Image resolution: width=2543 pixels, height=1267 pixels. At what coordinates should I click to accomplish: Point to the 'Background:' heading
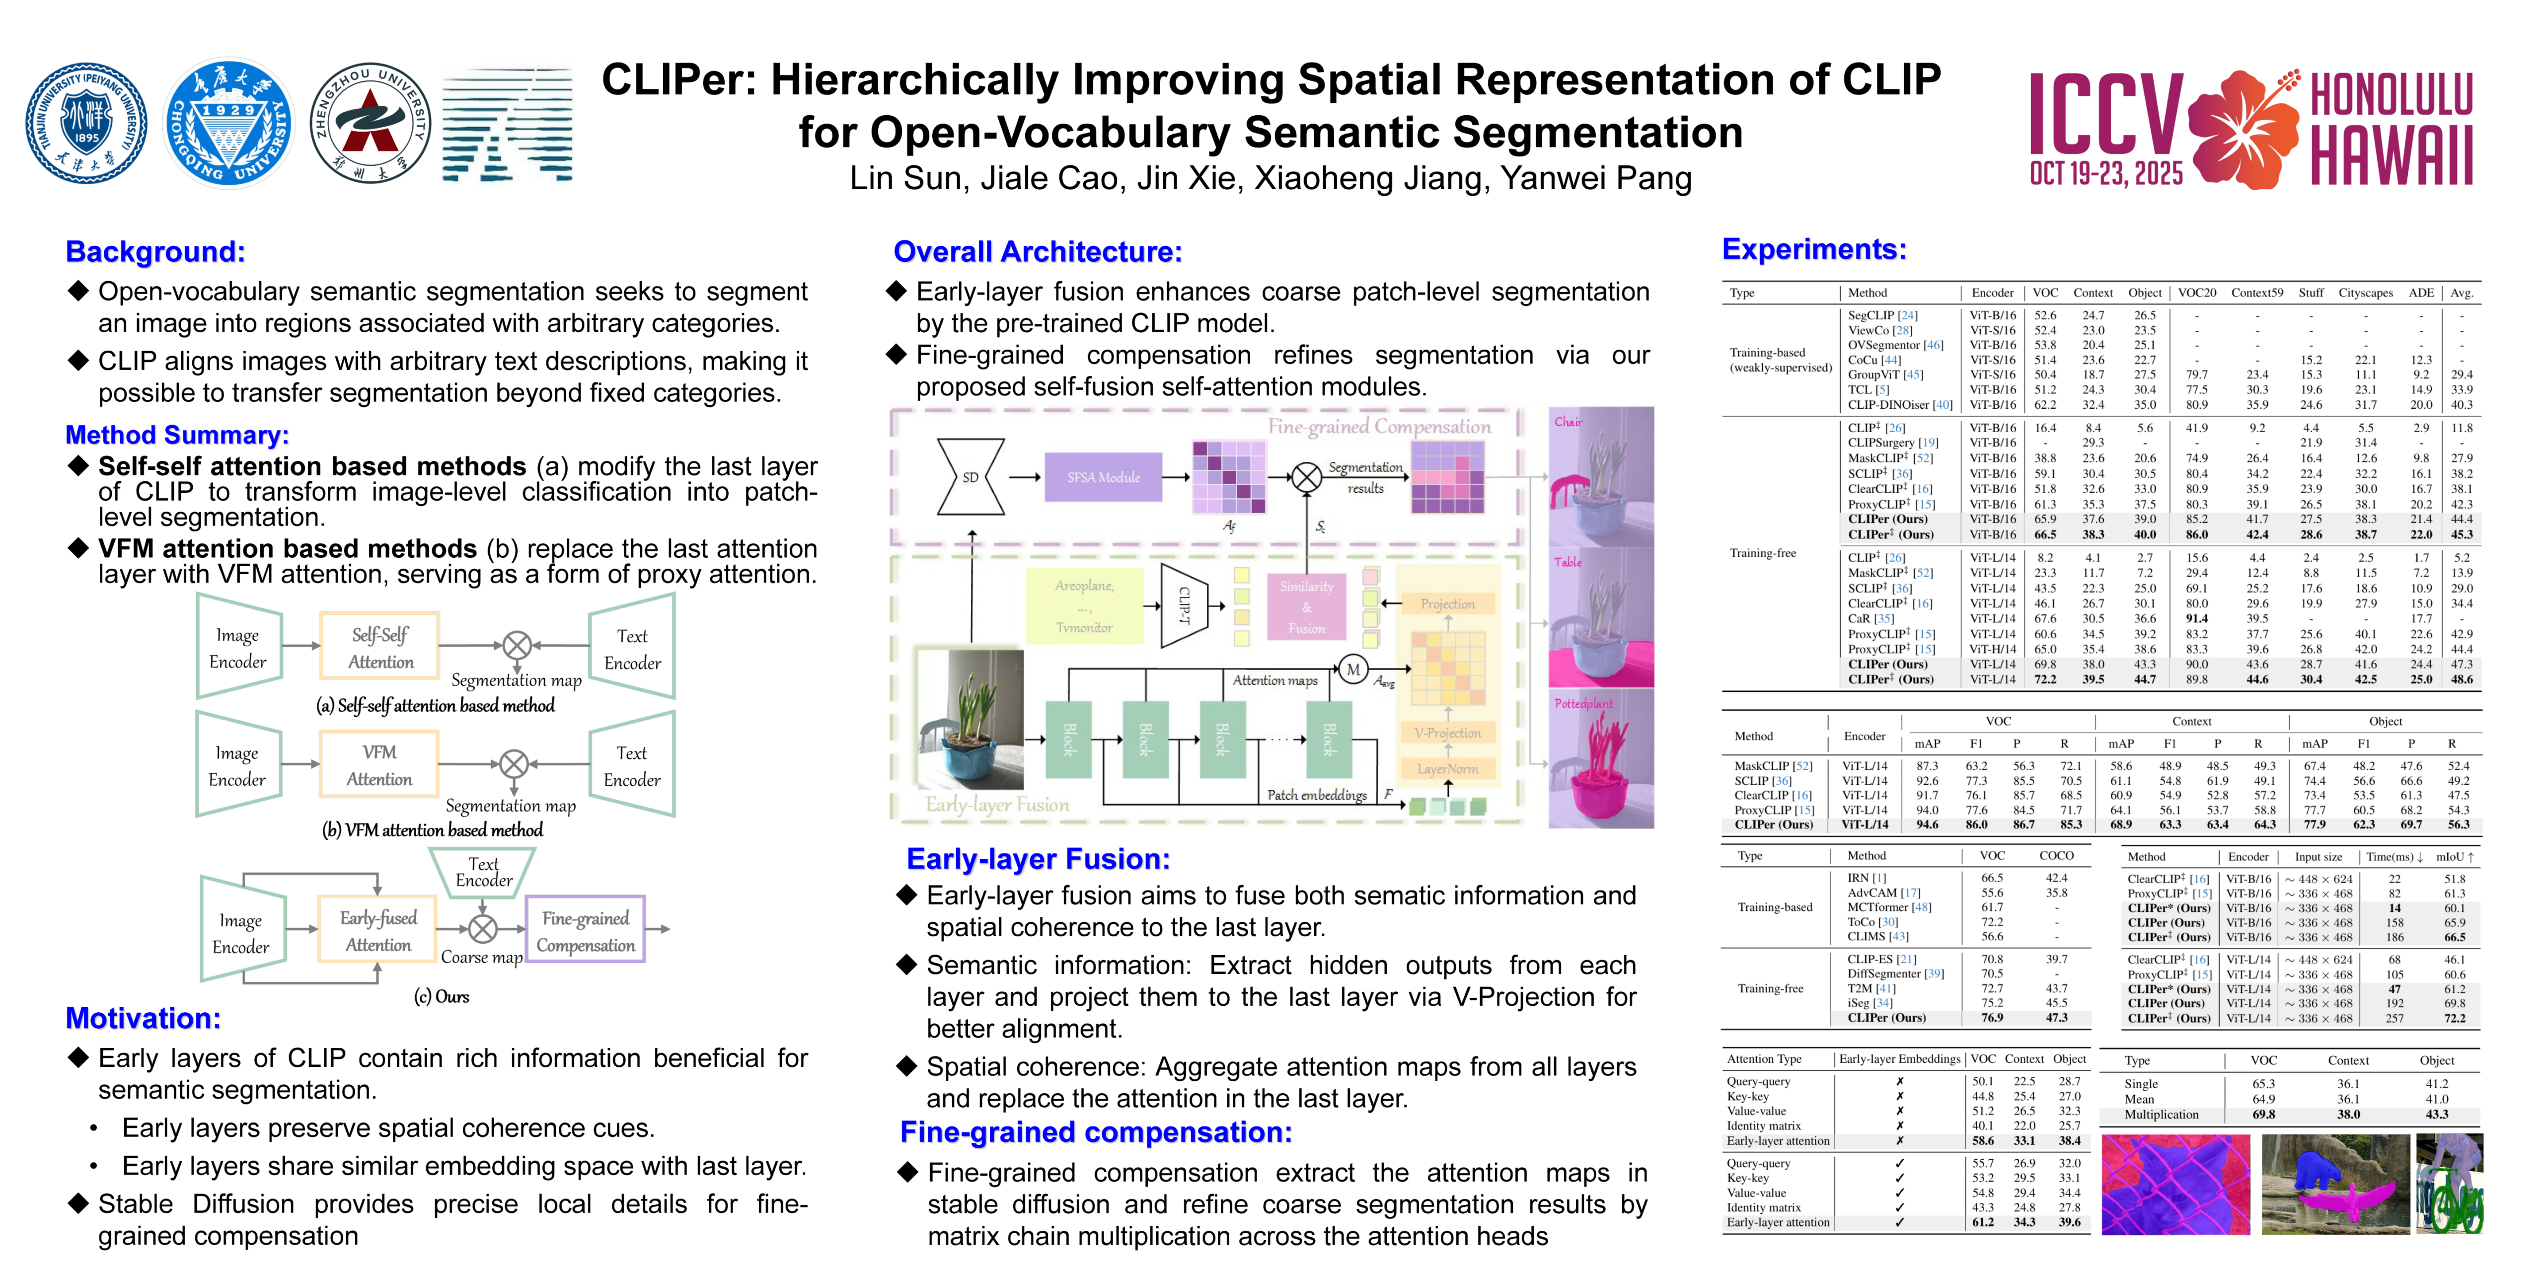pyautogui.click(x=155, y=252)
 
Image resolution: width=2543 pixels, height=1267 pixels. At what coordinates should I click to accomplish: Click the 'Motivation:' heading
pyautogui.click(x=143, y=1018)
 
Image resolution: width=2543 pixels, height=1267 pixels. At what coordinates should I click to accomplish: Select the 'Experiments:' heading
pyautogui.click(x=1813, y=249)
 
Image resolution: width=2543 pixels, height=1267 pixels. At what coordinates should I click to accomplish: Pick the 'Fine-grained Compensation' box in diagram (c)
pyautogui.click(x=586, y=930)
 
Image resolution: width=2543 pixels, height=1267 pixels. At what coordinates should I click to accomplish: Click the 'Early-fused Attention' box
pyautogui.click(x=378, y=930)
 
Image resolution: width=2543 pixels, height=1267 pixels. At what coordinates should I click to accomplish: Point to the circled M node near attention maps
pyautogui.click(x=1352, y=670)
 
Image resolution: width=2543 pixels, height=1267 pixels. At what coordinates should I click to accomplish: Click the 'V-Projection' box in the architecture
pyautogui.click(x=1447, y=733)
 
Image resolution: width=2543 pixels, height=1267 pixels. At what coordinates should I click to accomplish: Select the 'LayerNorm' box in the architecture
pyautogui.click(x=1447, y=768)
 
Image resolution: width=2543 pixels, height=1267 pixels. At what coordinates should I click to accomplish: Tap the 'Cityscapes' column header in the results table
pyautogui.click(x=2365, y=294)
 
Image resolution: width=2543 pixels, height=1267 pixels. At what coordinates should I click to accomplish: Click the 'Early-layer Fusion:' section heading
pyautogui.click(x=1038, y=859)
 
